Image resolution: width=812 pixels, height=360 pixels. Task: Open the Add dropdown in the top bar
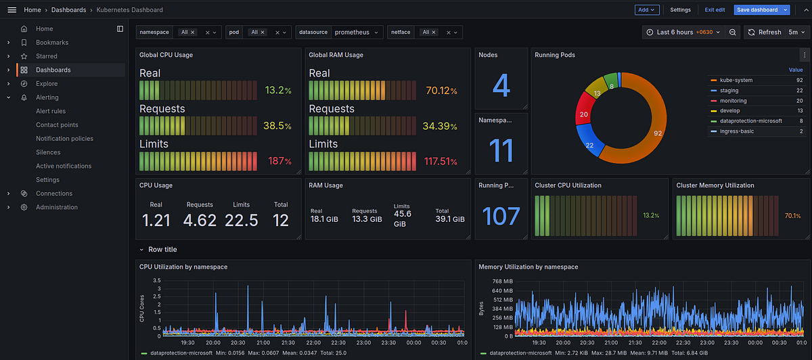pos(646,10)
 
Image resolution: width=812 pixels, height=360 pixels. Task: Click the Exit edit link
pos(715,10)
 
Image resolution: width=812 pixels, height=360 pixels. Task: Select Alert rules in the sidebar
pos(51,111)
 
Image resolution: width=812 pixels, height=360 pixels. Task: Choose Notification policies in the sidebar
pos(64,139)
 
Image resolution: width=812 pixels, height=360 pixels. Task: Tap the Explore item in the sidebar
pos(47,84)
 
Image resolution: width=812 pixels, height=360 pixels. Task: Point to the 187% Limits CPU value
pos(278,161)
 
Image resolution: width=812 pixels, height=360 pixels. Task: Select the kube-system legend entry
pos(736,81)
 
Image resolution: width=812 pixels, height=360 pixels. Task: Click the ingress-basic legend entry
pos(737,131)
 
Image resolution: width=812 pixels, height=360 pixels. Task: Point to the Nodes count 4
pos(501,85)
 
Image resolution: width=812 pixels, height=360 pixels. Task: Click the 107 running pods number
pos(501,217)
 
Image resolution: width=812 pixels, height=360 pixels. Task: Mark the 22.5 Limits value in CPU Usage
pos(242,220)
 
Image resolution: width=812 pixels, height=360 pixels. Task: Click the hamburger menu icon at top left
pos(12,10)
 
